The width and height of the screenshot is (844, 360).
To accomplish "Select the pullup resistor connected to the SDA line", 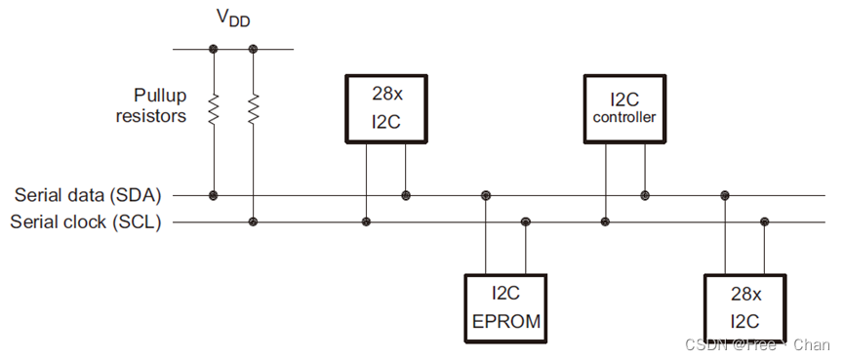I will [x=213, y=108].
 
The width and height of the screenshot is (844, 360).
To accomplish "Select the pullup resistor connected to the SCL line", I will [x=254, y=108].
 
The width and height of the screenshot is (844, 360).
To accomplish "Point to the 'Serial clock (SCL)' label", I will [x=86, y=221].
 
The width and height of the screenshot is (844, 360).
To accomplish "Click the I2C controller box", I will [x=624, y=108].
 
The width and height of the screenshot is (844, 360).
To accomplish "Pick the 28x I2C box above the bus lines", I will [x=387, y=108].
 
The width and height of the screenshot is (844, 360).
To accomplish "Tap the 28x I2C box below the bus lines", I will [x=744, y=306].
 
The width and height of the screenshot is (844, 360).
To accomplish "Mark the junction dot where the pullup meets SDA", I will [x=213, y=195].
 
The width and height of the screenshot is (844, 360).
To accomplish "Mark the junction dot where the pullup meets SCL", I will [x=254, y=221].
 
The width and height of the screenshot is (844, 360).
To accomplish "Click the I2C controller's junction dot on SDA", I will [x=644, y=195].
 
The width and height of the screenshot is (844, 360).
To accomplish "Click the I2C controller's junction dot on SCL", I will [x=605, y=221].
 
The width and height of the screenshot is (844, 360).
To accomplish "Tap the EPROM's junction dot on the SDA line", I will [x=485, y=195].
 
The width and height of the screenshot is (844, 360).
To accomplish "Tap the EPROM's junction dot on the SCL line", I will [x=526, y=221].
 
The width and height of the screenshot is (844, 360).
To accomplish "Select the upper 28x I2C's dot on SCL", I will [x=367, y=221].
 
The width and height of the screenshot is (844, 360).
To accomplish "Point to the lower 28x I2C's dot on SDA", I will [x=724, y=195].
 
